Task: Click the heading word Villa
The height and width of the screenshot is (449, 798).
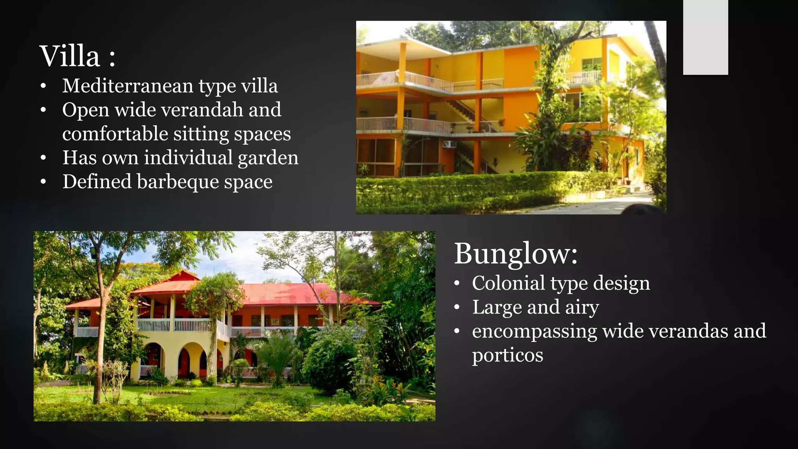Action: [70, 57]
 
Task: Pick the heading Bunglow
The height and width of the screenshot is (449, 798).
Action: [515, 254]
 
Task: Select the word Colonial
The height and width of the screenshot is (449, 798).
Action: [508, 283]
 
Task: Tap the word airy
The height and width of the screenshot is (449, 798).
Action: [582, 308]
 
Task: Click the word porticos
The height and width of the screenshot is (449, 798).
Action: [507, 355]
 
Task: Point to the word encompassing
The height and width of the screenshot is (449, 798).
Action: [534, 331]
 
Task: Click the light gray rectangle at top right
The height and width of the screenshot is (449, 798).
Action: [705, 37]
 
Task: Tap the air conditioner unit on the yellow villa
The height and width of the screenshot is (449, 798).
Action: [449, 144]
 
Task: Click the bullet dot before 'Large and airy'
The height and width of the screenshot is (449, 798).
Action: [457, 308]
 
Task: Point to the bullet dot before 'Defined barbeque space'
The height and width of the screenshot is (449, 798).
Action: [43, 182]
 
